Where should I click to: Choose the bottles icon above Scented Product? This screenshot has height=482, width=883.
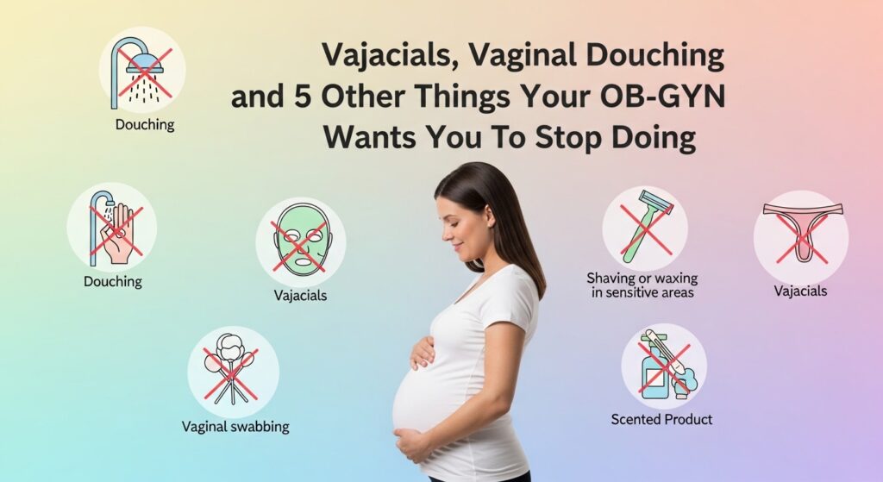[664, 366]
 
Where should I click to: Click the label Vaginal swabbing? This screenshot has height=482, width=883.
[235, 427]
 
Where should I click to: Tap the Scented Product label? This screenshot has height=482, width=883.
[661, 419]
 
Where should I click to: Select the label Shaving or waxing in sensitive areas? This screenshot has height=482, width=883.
[642, 285]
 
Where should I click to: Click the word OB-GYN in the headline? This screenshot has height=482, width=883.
[662, 97]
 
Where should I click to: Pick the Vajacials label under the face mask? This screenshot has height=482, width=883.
[300, 295]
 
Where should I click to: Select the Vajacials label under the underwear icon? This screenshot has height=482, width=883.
[800, 291]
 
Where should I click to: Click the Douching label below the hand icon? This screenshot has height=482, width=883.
[113, 281]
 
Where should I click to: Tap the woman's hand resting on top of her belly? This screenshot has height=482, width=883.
[422, 354]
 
